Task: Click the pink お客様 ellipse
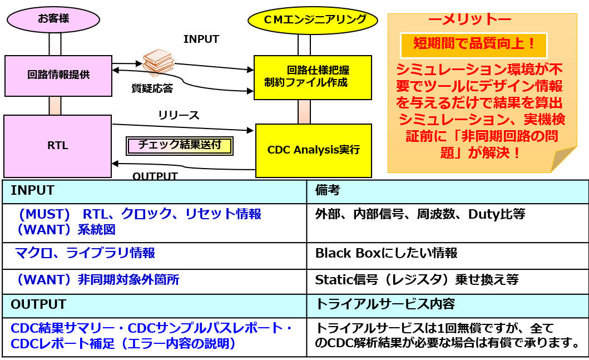tap(53, 19)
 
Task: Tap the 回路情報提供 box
tap(58, 75)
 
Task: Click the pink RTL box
tap(57, 146)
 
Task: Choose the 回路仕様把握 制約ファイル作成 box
tap(313, 77)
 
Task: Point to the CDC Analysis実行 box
tap(313, 149)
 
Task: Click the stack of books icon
tap(158, 61)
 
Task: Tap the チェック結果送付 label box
tap(179, 146)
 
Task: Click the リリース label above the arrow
tap(178, 115)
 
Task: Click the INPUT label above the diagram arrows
tap(201, 39)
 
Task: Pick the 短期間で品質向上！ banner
tap(474, 43)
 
